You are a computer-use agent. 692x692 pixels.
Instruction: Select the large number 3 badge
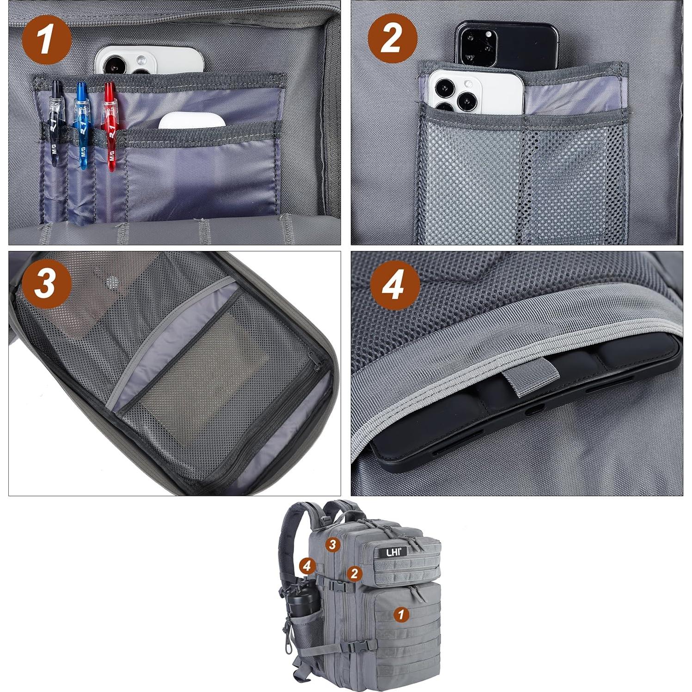click(x=46, y=283)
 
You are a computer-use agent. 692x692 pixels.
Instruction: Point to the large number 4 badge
click(x=394, y=285)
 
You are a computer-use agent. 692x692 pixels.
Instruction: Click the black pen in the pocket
click(x=55, y=122)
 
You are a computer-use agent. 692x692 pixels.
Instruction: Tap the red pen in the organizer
click(x=110, y=125)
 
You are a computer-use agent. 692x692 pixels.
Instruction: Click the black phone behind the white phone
click(x=506, y=44)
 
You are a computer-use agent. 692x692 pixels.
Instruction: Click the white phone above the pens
click(x=149, y=60)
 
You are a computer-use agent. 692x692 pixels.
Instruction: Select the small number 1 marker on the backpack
click(x=401, y=614)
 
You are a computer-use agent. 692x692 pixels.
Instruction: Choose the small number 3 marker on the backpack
click(x=332, y=545)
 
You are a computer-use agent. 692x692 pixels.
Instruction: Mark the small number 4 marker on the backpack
click(x=307, y=565)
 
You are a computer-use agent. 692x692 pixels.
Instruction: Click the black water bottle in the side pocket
click(x=303, y=601)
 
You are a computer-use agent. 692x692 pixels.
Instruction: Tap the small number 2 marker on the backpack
click(x=354, y=573)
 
